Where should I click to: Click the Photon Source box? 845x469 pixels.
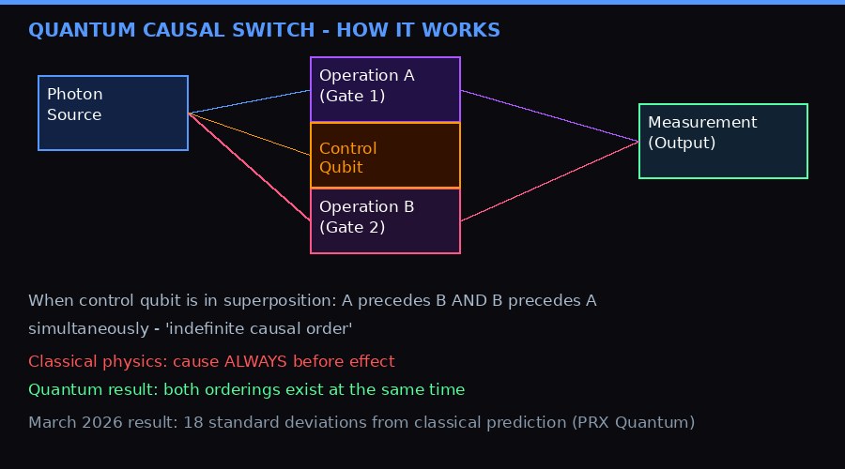[x=113, y=113]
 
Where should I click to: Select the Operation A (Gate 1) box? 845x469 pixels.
[x=385, y=89]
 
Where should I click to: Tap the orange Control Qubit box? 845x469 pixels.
[x=385, y=156]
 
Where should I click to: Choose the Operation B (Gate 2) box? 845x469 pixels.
[x=385, y=221]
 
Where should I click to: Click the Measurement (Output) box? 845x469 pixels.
[x=723, y=141]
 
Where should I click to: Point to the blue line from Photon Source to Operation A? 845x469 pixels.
[x=249, y=101]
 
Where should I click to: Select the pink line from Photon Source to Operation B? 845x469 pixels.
[x=249, y=167]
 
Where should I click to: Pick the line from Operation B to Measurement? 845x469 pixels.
[x=549, y=181]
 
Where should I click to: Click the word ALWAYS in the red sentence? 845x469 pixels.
[x=255, y=362]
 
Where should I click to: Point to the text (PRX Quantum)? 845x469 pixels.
[x=633, y=423]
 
